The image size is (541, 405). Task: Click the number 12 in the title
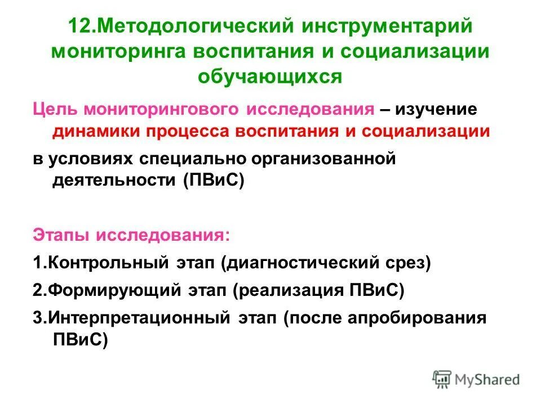pos(78,27)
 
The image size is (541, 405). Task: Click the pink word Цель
pos(52,109)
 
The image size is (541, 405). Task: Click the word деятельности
pos(113,181)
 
